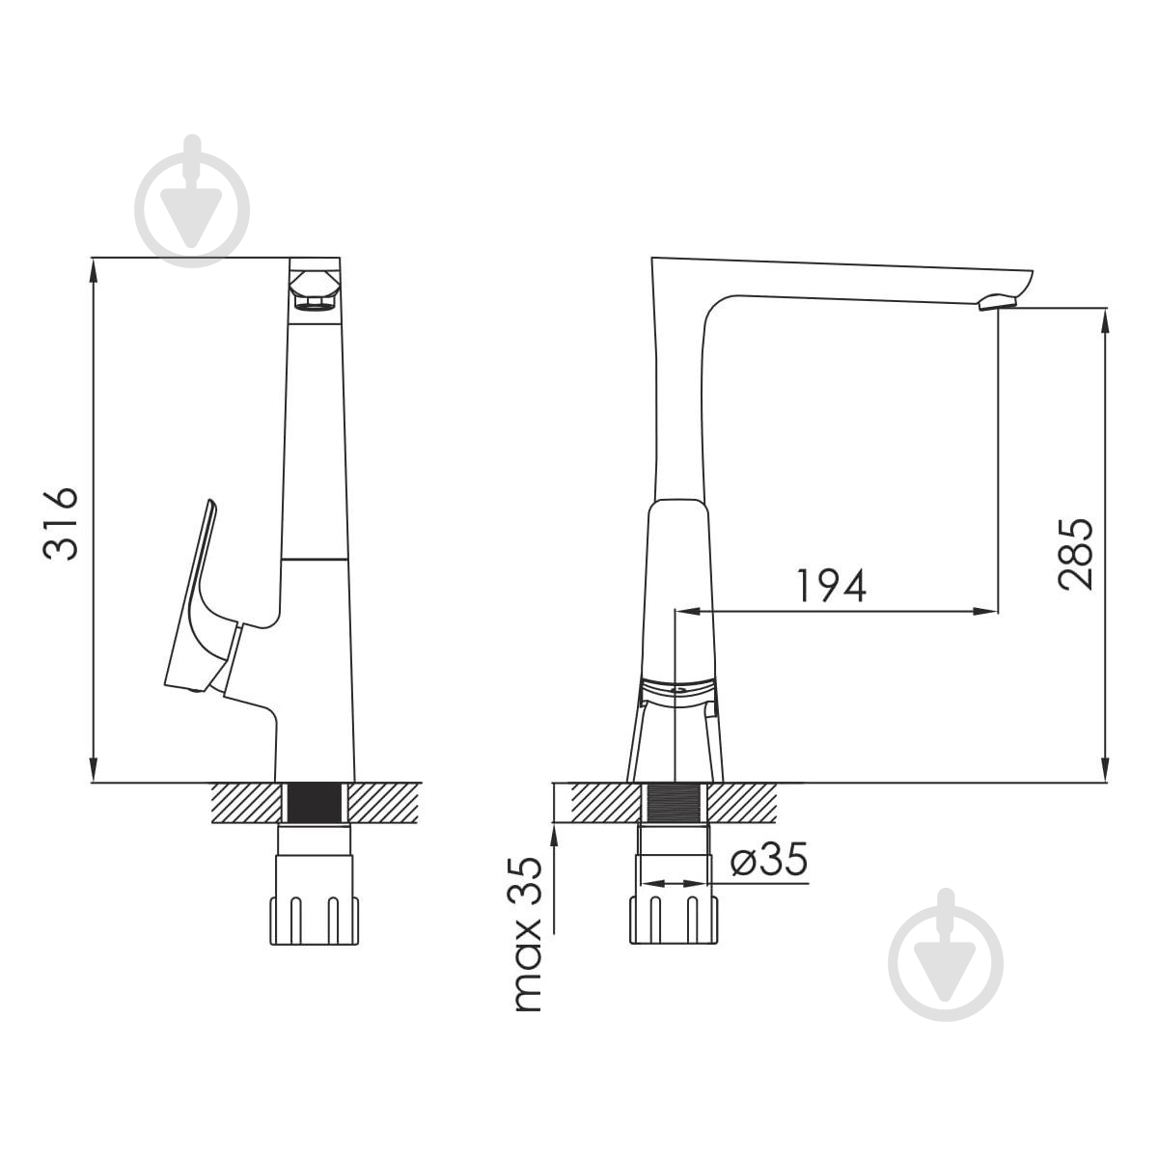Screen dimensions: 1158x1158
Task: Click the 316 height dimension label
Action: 61,525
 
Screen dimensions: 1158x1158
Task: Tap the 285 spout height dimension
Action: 1075,554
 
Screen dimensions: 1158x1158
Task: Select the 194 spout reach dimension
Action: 831,585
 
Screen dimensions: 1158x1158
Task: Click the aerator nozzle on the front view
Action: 315,290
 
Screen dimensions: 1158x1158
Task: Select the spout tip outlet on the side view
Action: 998,302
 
